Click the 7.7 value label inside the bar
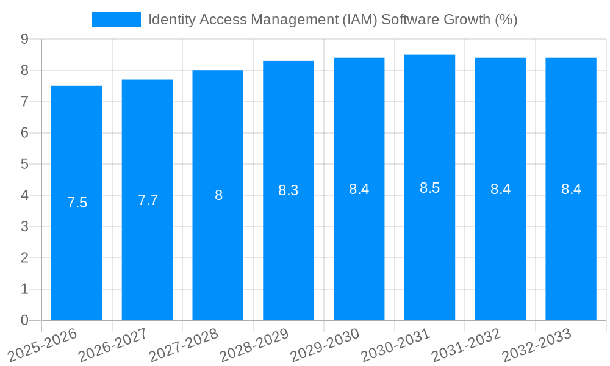[x=148, y=200]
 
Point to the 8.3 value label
[x=288, y=190]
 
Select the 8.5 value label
[x=429, y=188]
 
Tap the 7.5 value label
[x=77, y=203]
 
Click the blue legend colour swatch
[x=116, y=20]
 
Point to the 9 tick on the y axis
[x=24, y=39]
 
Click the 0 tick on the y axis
[x=24, y=320]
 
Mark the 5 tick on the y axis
[x=24, y=164]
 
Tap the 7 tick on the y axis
[x=24, y=102]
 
